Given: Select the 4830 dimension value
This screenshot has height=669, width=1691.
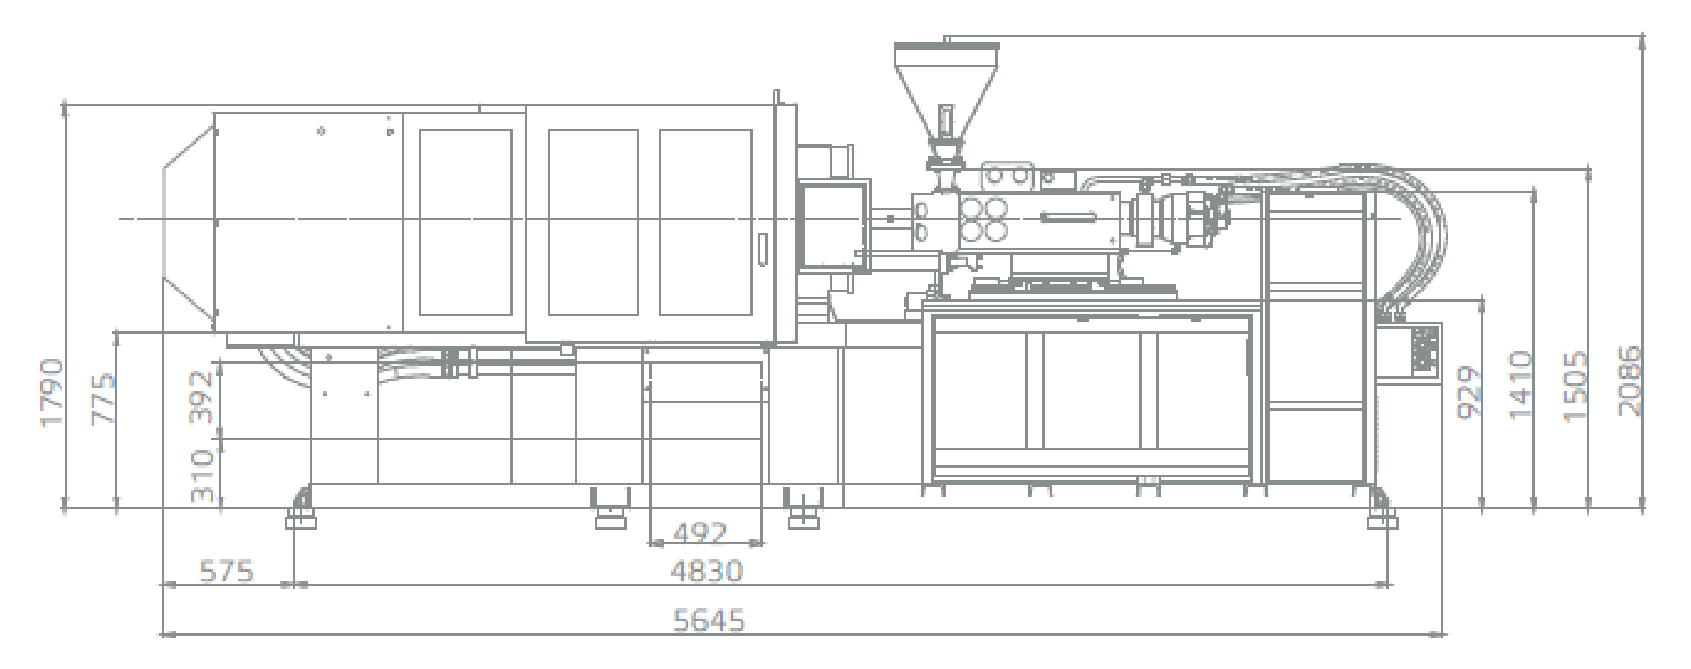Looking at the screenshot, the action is pos(706,571).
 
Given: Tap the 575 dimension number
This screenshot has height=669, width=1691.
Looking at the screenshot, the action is pos(226,571).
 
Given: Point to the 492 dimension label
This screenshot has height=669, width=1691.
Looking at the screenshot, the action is pos(700,532).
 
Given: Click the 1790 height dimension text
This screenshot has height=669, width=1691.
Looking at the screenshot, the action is pos(52,392).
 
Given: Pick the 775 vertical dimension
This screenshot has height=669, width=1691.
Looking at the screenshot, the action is pos(104,400).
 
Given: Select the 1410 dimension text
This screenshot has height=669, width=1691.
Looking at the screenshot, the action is pos(1521,385).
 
